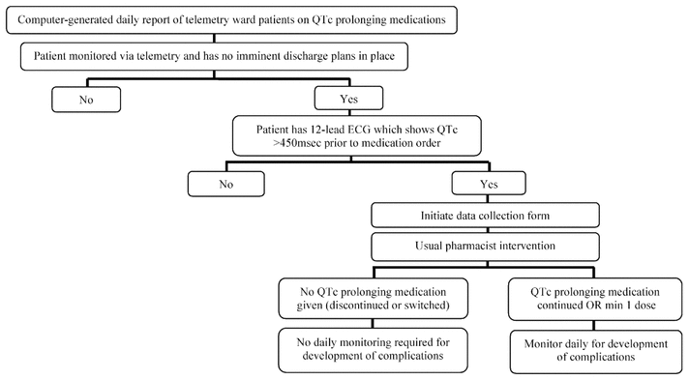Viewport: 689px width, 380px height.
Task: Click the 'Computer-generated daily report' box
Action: coord(231,19)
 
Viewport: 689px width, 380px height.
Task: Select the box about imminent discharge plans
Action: coord(214,56)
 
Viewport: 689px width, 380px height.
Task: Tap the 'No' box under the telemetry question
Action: coord(86,100)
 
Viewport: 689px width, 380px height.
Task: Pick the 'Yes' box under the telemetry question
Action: coord(349,99)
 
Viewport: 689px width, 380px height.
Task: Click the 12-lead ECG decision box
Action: coord(357,135)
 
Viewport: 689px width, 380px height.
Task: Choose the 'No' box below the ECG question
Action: coord(226,184)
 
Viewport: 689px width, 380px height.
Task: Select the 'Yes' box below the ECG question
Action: coord(489,183)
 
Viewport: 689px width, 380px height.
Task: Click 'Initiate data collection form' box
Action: coord(485,216)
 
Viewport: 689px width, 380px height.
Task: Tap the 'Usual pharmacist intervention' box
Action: coord(485,246)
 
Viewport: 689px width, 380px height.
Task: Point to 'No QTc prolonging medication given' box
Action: coord(374,298)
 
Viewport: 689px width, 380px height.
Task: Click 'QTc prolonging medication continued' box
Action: coord(595,299)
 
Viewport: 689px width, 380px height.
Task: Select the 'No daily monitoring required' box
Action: coord(374,350)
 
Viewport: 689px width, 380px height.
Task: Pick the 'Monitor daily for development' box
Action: coord(596,351)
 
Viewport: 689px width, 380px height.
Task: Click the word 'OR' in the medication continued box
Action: coord(591,306)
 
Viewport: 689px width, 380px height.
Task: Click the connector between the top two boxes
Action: coord(214,39)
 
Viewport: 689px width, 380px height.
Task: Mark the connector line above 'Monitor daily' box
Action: coord(593,326)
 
